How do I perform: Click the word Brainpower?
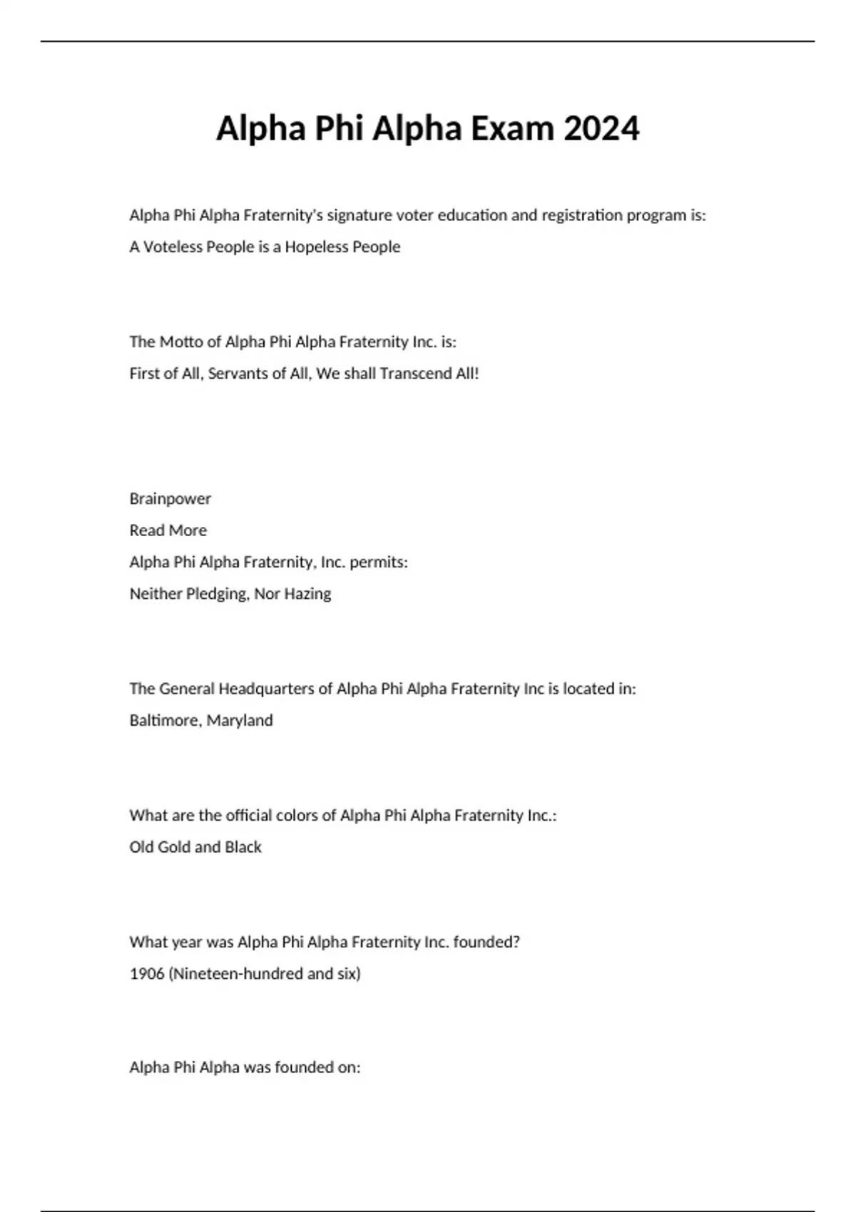[x=170, y=498]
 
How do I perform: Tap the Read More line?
[x=168, y=530]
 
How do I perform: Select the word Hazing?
[x=307, y=594]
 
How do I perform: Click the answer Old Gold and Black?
[x=195, y=847]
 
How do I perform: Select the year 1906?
[x=147, y=973]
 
